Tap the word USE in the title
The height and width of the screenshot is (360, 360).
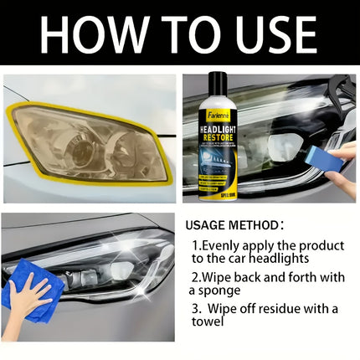point(269,35)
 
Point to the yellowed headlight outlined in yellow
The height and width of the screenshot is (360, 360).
point(89,143)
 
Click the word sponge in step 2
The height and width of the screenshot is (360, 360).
point(215,291)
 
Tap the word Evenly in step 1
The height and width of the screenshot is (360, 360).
point(221,245)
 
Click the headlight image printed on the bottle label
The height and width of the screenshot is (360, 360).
point(218,168)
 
